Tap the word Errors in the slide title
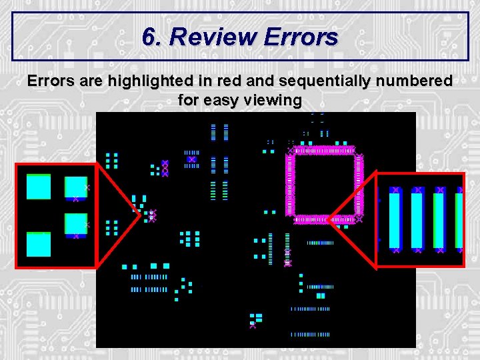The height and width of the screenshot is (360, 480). [301, 37]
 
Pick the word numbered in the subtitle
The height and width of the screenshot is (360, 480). [417, 81]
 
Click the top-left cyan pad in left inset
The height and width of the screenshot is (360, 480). [38, 187]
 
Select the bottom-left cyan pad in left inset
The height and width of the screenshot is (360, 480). [38, 245]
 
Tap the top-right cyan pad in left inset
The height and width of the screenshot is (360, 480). [76, 187]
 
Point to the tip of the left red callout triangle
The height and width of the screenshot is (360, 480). [139, 215]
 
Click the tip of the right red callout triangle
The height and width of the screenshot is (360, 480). [328, 219]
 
